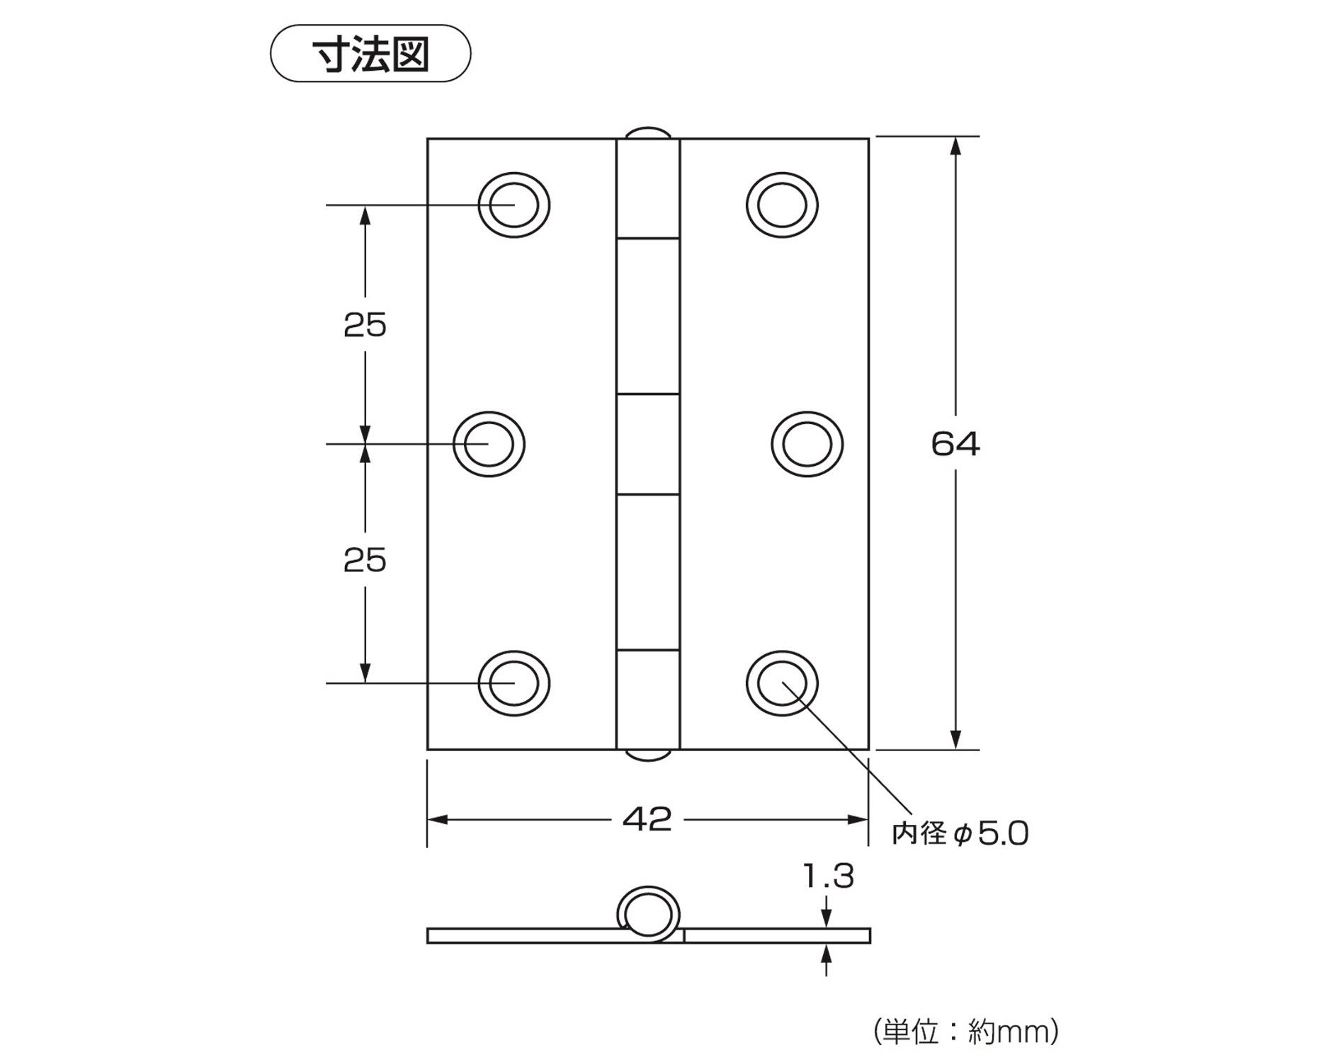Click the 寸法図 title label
[370, 54]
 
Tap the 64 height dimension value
[955, 444]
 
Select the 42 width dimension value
[647, 819]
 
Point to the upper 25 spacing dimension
[365, 325]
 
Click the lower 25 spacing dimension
[365, 560]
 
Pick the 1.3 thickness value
[828, 877]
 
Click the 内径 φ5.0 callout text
[960, 833]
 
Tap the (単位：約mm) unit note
[966, 1031]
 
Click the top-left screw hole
[513, 205]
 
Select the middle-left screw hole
[489, 444]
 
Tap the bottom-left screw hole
[513, 683]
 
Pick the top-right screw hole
[782, 205]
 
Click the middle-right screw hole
[807, 444]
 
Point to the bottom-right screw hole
[782, 683]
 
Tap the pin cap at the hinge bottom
[648, 755]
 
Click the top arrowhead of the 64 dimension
[955, 145]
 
